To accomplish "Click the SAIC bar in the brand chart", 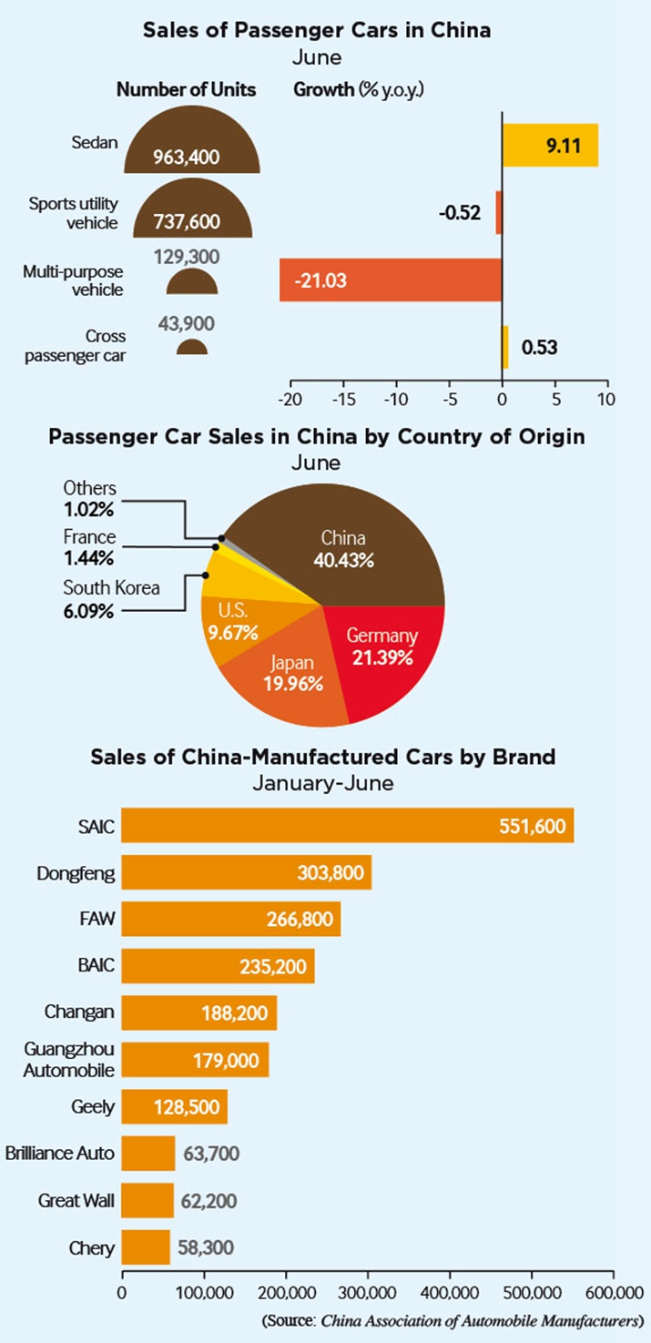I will [346, 825].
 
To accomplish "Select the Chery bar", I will [146, 1246].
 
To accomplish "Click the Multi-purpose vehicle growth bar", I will [392, 280].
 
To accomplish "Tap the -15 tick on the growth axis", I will [343, 399].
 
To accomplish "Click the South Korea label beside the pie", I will [111, 587].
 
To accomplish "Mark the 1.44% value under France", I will [89, 556].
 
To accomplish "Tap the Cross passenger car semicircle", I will [192, 348].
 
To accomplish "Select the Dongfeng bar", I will [246, 872].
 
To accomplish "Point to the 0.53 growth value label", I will [539, 347].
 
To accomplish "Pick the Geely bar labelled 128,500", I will [174, 1106].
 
